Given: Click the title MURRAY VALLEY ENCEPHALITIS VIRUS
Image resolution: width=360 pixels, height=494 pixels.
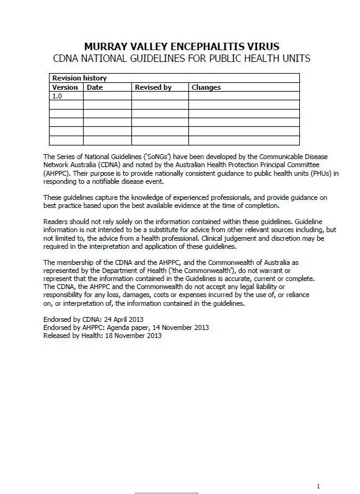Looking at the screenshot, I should click(181, 46).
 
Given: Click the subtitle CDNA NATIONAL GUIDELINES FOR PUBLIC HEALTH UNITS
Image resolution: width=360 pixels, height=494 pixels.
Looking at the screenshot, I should click(181, 58).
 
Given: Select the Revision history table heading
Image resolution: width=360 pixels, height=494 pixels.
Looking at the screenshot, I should click(79, 78).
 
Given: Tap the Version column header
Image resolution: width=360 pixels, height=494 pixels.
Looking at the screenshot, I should click(65, 87).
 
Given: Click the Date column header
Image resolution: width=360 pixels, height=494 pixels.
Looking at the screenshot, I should click(95, 87).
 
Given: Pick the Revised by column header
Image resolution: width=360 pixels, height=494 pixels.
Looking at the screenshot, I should click(153, 87).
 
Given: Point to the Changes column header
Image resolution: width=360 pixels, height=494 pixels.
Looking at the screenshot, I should click(206, 87).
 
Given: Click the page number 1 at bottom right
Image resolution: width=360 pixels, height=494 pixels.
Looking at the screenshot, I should click(318, 486).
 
